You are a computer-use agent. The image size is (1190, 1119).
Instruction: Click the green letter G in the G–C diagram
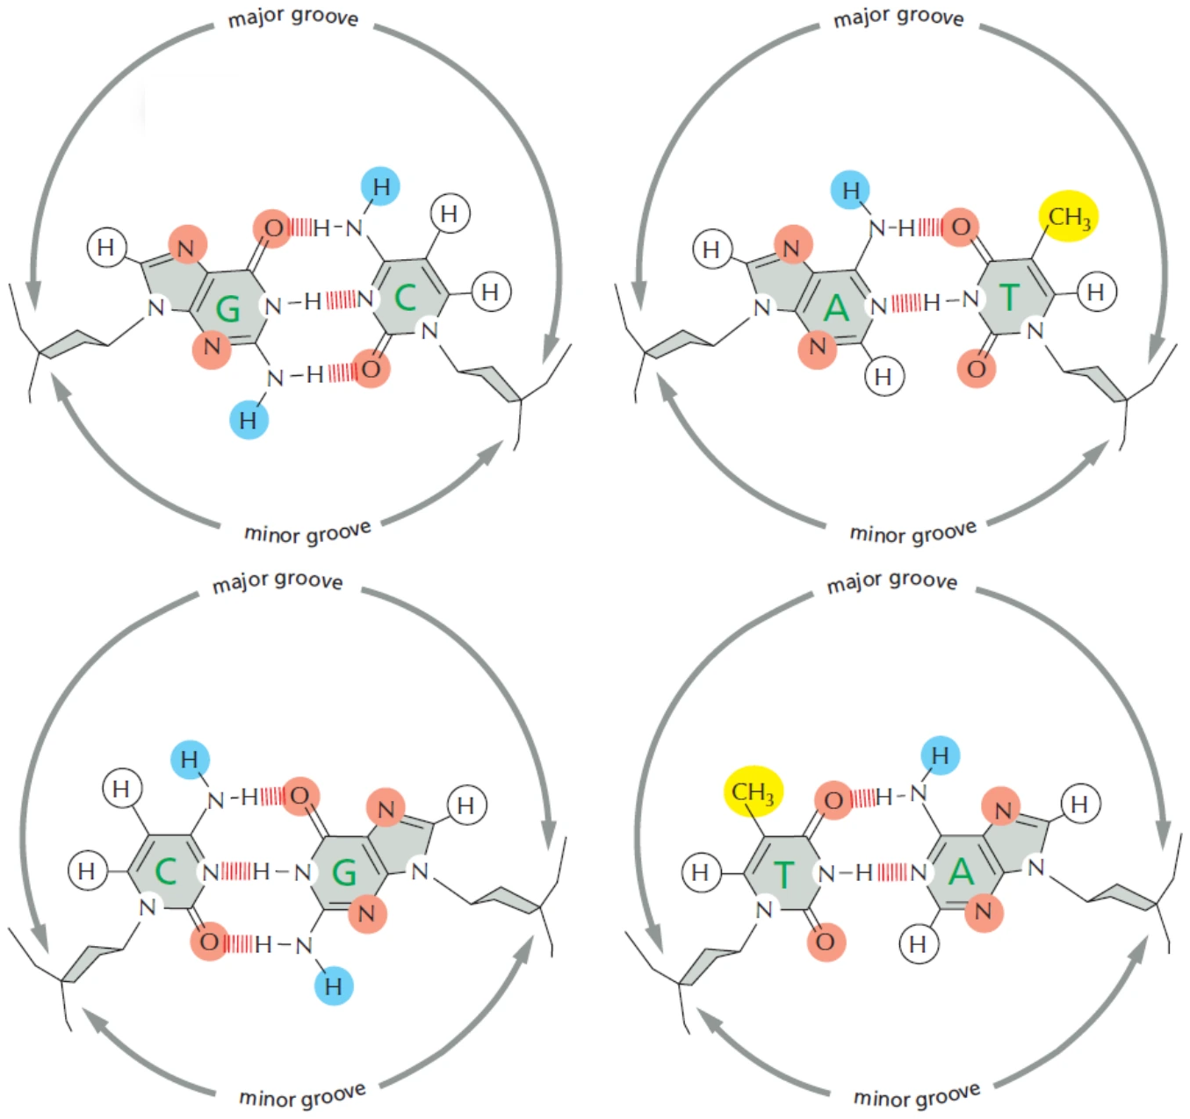click(227, 309)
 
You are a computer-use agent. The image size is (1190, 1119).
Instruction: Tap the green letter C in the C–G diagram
click(165, 870)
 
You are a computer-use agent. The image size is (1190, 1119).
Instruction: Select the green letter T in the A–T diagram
click(1010, 297)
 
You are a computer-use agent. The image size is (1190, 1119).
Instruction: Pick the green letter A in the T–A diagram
click(961, 870)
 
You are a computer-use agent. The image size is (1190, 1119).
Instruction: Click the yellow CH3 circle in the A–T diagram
click(1069, 216)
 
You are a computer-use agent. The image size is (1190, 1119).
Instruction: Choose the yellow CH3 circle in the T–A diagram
click(753, 791)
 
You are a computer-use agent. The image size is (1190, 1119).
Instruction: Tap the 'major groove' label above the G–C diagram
click(293, 18)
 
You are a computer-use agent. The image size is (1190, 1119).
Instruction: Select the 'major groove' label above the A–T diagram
click(898, 18)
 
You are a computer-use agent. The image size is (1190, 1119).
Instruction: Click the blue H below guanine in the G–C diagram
click(249, 420)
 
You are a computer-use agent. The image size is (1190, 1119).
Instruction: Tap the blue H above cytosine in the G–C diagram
click(380, 186)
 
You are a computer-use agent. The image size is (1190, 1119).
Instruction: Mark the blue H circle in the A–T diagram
click(851, 190)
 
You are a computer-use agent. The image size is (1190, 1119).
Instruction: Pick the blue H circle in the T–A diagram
click(940, 755)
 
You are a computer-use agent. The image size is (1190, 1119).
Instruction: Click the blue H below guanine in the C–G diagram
click(333, 986)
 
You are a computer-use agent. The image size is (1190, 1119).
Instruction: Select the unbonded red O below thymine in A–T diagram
click(977, 369)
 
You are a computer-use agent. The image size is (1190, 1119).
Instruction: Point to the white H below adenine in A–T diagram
click(883, 377)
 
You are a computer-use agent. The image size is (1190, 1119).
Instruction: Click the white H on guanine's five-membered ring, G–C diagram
click(106, 246)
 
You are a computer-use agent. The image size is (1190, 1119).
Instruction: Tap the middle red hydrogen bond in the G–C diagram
click(341, 300)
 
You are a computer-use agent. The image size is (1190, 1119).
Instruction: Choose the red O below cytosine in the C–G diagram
click(209, 941)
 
